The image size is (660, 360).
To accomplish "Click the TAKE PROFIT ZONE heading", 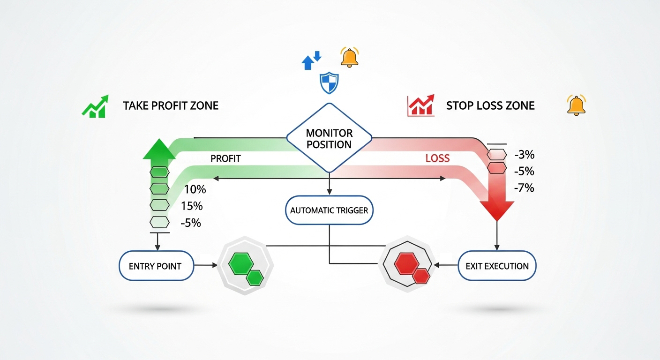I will pyautogui.click(x=171, y=105).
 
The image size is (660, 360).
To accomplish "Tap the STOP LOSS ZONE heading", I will pyautogui.click(x=490, y=105).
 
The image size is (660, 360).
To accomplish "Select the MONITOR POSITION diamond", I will pyautogui.click(x=329, y=139).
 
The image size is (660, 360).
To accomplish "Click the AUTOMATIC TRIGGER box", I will pyautogui.click(x=329, y=210).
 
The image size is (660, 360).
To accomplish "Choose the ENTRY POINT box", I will pyautogui.click(x=155, y=266).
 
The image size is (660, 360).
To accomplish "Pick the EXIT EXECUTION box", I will pyautogui.click(x=497, y=266).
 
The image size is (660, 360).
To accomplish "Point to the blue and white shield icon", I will pyautogui.click(x=329, y=83).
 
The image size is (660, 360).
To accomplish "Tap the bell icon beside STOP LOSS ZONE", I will pyautogui.click(x=577, y=105).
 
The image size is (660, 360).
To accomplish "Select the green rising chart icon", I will pyautogui.click(x=95, y=106).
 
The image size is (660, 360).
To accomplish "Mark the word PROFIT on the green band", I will pyautogui.click(x=225, y=159).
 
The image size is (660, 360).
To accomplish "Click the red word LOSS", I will pyautogui.click(x=437, y=158).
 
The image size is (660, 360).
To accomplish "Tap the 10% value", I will pyautogui.click(x=195, y=190).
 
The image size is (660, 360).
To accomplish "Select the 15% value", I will pyautogui.click(x=191, y=206).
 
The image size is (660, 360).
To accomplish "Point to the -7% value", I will pyautogui.click(x=524, y=188).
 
